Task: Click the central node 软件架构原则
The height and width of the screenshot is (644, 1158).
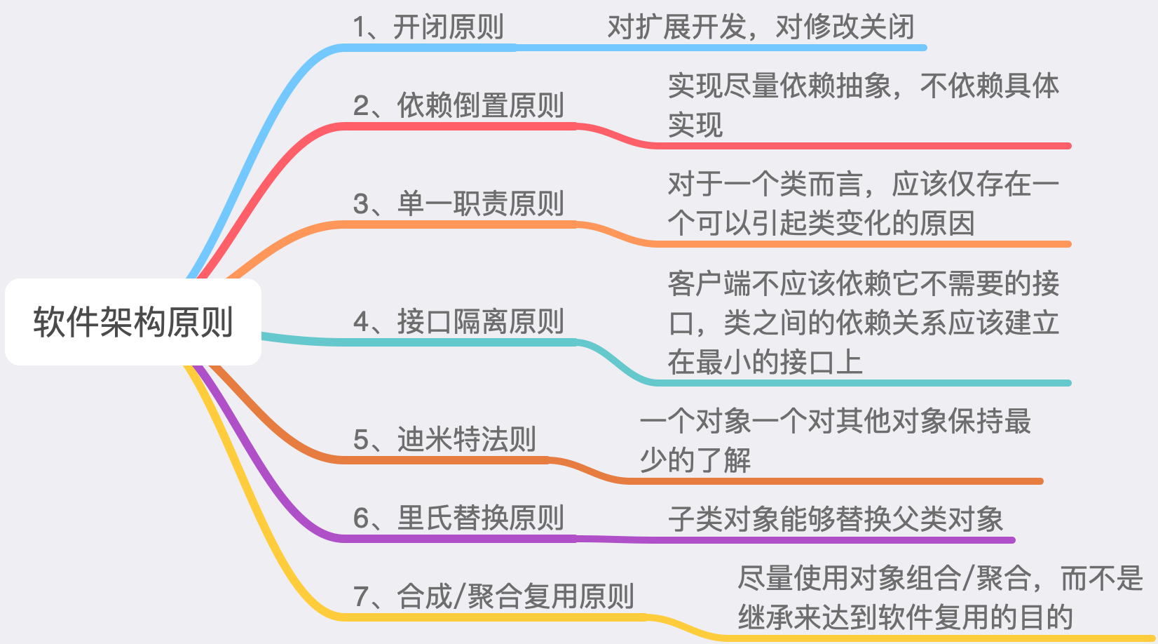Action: [133, 322]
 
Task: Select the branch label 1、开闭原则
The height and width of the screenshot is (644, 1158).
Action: [428, 27]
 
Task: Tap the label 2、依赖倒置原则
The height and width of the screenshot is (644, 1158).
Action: [458, 106]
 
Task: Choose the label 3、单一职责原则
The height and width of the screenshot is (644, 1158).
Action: [458, 204]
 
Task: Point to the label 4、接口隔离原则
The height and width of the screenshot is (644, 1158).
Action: [458, 322]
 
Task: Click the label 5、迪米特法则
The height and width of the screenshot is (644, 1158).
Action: [444, 440]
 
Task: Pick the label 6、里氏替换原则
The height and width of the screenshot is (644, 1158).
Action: [458, 518]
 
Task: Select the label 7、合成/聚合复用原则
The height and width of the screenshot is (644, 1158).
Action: [493, 597]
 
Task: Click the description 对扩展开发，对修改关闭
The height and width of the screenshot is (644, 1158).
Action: [761, 27]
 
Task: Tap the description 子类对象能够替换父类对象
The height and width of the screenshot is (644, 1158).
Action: [836, 519]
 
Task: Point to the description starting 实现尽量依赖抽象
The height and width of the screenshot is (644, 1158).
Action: [863, 105]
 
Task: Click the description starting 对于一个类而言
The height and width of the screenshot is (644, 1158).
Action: [863, 203]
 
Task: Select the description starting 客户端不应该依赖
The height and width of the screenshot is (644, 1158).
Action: [863, 323]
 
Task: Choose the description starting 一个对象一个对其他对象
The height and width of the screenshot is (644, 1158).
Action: [835, 441]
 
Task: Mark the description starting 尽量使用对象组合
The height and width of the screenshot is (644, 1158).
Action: [940, 598]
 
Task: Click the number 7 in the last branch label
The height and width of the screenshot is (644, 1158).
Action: [361, 597]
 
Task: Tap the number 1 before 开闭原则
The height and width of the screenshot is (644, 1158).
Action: [360, 27]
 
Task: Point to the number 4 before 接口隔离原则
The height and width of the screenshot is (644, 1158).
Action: [361, 322]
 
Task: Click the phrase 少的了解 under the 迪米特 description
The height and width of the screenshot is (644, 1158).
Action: [695, 461]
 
